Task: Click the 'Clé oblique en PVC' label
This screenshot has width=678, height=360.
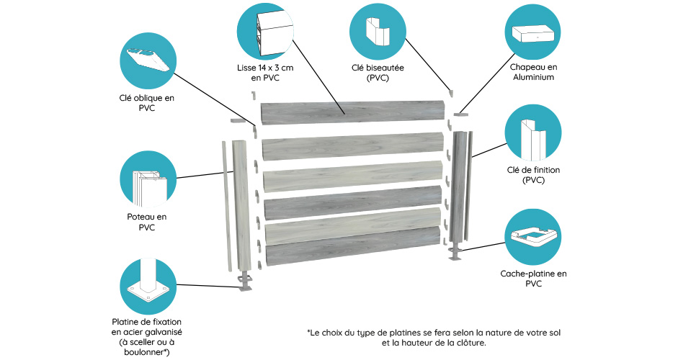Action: (146, 103)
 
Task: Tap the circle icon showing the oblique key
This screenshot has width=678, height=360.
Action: (148, 60)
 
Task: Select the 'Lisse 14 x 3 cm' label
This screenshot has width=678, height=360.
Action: (265, 68)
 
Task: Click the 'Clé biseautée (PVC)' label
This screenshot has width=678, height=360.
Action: (378, 73)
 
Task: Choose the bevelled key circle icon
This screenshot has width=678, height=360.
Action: (378, 32)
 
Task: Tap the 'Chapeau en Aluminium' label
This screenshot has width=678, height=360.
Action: (533, 72)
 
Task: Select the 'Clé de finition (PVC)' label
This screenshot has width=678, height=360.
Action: (533, 175)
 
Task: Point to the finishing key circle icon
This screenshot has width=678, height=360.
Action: (533, 132)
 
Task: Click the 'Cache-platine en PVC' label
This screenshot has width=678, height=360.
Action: (533, 279)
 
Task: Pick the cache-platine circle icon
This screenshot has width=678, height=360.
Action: (533, 237)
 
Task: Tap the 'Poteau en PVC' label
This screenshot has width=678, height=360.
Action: (146, 222)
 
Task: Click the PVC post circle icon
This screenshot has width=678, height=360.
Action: (148, 179)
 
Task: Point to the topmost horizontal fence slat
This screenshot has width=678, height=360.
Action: (352, 113)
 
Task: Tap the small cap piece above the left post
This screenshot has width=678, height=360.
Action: (238, 120)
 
